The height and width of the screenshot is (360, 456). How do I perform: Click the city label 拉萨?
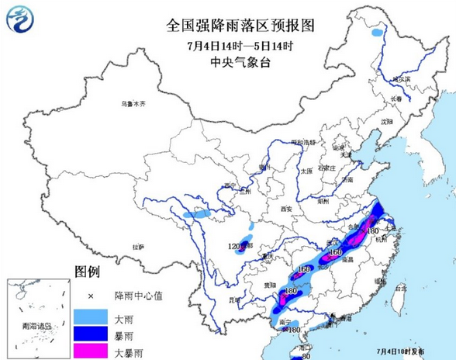tap(138, 246)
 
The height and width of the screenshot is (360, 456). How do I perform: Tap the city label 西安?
tap(284, 208)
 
